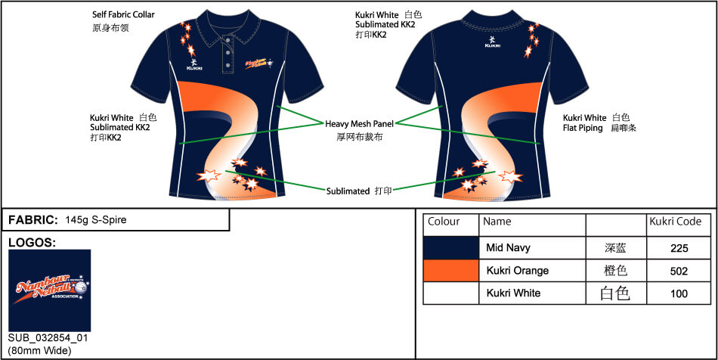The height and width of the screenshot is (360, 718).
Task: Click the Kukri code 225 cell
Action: [679, 248]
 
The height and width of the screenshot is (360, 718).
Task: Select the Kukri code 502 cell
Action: [679, 271]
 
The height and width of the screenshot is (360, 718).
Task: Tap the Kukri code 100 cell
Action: [679, 293]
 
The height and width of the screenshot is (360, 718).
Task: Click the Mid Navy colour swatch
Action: [450, 248]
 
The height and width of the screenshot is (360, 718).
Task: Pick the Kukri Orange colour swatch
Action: [450, 271]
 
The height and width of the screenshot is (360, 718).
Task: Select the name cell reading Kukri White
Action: [513, 293]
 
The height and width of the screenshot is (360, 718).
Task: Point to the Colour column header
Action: [444, 222]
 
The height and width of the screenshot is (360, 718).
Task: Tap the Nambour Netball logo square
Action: [49, 290]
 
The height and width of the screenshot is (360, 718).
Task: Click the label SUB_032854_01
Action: [48, 338]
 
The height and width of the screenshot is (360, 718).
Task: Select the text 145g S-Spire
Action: [96, 220]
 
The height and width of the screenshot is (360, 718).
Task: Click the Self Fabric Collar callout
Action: [125, 14]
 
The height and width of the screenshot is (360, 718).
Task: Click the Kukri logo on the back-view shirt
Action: [493, 41]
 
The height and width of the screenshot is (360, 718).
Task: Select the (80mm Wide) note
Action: [39, 350]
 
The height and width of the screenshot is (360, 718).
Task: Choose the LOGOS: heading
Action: [32, 243]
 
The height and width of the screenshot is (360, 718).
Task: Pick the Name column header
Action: [497, 222]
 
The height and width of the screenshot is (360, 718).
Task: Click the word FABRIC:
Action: [32, 220]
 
